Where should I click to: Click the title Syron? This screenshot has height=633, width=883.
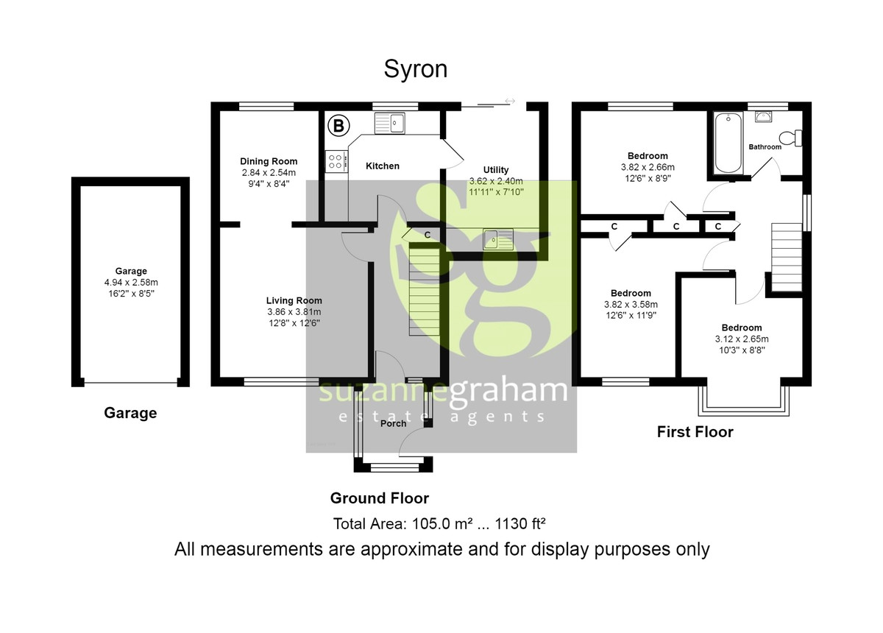pos(416,69)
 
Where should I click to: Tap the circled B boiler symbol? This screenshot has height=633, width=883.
pos(338,126)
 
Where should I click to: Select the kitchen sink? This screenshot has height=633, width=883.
pos(389,123)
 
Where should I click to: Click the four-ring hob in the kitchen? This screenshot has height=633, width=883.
pos(336,162)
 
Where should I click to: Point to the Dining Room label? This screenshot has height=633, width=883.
pos(269,161)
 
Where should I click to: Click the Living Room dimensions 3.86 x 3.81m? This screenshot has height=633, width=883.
pos(294,312)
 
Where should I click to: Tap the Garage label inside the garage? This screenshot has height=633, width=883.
pos(131,271)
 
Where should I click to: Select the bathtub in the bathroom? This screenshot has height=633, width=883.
pos(728,143)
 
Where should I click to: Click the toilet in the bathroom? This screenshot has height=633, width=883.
pos(790,138)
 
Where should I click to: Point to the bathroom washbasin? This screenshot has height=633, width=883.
pos(764,116)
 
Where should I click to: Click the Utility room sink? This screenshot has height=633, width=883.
pos(498,239)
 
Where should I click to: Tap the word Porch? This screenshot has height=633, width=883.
pos(393,423)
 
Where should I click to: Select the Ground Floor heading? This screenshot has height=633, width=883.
pos(379,498)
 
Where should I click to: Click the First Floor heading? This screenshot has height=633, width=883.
pos(695,432)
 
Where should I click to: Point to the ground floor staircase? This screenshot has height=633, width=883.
pos(424,290)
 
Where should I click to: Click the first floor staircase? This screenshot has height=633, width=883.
pos(787,257)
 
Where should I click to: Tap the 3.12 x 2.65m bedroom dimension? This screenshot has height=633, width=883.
pos(742,339)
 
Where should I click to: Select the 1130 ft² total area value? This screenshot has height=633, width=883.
pos(520,524)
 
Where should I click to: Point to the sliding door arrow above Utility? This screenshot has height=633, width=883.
pos(510,101)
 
